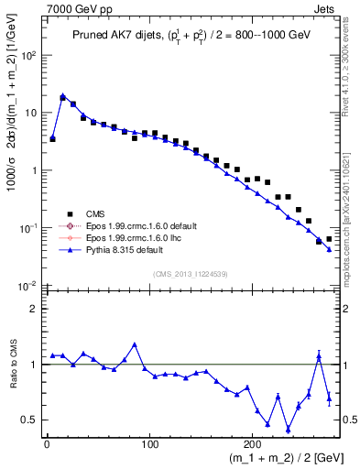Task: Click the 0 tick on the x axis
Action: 47,444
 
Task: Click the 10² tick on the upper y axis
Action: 28,55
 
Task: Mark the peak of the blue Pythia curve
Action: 62,95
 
